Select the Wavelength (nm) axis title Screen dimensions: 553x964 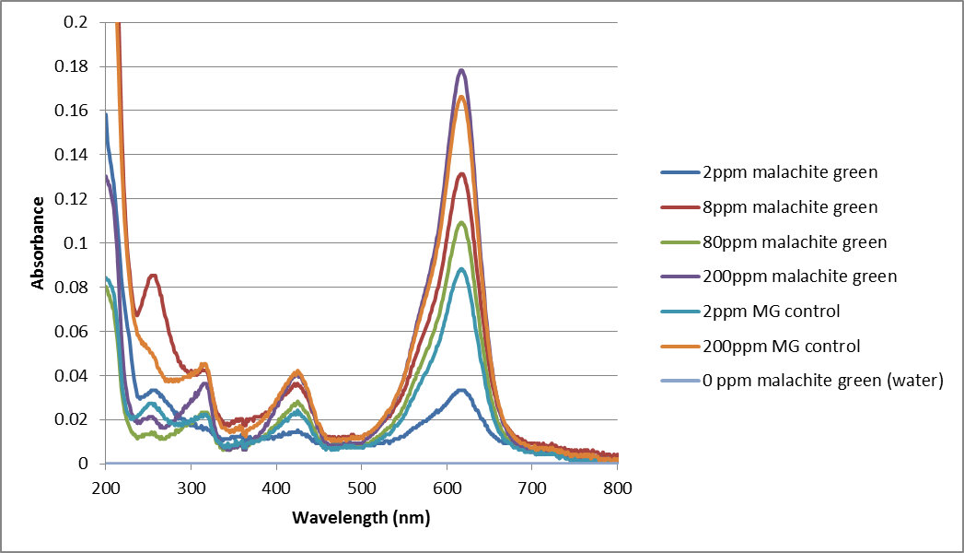coord(361,518)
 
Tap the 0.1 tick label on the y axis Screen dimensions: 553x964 coord(81,243)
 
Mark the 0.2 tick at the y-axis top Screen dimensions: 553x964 coord(81,22)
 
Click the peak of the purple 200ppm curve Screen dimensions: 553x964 coord(462,70)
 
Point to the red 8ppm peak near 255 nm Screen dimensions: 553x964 coord(153,275)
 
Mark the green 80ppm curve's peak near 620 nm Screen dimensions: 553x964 coord(462,222)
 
